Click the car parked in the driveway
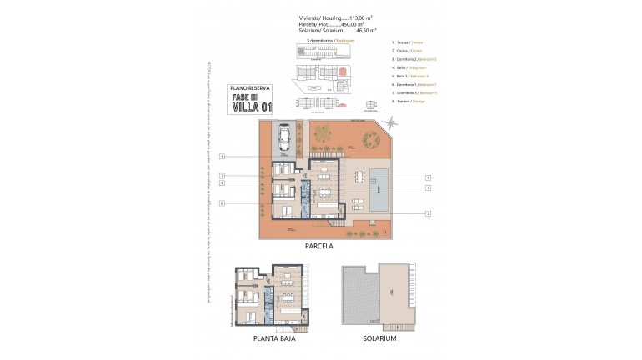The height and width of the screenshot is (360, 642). click(x=285, y=138)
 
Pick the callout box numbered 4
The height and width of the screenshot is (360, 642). click(x=427, y=177)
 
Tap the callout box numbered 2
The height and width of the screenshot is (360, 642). click(x=427, y=214)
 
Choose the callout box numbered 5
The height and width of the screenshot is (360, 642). click(x=427, y=188)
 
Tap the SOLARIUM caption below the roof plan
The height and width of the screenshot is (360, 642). click(x=379, y=340)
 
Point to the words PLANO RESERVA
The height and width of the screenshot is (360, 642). click(x=250, y=87)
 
